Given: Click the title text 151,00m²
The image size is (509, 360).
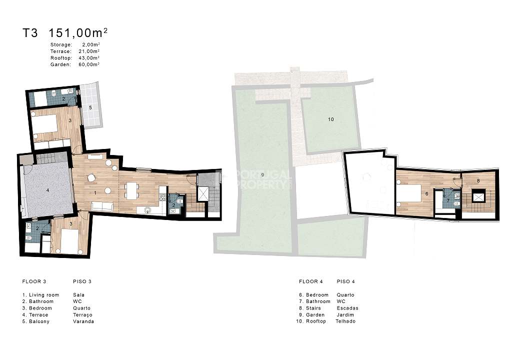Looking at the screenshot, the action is tap(78, 32).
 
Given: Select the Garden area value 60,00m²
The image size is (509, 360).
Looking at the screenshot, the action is tap(89, 64).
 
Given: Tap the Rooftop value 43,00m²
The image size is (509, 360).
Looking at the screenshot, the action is tap(89, 58).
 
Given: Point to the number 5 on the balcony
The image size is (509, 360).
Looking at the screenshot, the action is tap(90, 107).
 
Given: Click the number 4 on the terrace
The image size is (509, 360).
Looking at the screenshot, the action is tap(47, 190).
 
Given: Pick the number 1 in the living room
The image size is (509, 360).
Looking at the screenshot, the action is tap(95, 193).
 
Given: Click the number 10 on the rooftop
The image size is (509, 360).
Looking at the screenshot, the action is tap(331, 119).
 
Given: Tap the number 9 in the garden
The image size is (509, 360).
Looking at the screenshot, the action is tap(262, 174).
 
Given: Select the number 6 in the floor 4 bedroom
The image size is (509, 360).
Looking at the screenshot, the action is tap(426, 194).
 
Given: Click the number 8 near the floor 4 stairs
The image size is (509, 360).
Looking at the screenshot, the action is tap(478, 180).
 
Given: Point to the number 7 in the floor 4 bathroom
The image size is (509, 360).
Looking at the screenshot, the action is tap(448, 200).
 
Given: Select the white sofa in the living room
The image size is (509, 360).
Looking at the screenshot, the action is tap(102, 206).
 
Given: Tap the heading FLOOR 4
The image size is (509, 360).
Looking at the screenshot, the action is tap(311, 281).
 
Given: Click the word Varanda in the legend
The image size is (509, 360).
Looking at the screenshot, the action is tap(83, 321).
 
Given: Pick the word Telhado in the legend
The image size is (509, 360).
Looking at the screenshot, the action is tap(345, 321).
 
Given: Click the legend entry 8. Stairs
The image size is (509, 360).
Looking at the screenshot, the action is tap(310, 308).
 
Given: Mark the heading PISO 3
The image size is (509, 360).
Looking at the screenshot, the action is tap(82, 281).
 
